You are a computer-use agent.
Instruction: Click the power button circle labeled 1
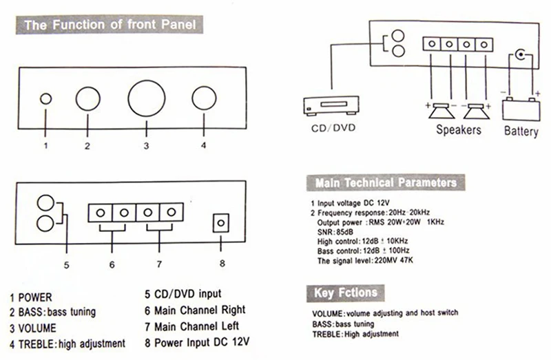pos(45,98)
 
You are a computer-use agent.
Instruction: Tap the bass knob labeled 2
pos(88,98)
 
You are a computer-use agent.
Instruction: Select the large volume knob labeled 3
pos(146,98)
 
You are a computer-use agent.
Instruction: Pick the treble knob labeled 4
pos(205,98)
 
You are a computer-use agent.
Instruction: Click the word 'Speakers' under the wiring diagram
pos(458,129)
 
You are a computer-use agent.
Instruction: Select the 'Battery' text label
pos(521,130)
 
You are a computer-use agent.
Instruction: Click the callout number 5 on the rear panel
pos(66,263)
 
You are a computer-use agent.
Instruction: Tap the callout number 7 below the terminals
pos(159,264)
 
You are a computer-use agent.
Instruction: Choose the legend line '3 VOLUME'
pos(33,328)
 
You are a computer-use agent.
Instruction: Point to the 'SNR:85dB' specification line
pos(333,233)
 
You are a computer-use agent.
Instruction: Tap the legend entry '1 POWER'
pos(31,297)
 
